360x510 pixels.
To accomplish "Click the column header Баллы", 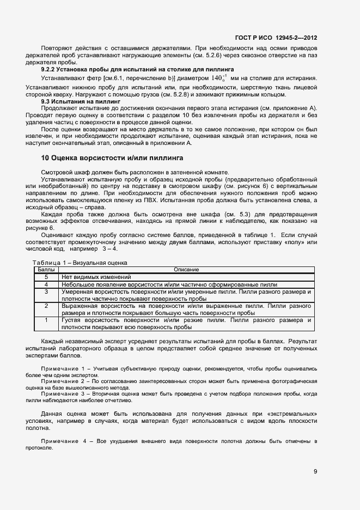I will coord(46,270).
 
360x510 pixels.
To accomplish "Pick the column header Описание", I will coord(186,270).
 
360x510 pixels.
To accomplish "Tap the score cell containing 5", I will coord(46,277).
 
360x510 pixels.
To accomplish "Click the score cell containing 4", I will coord(46,284).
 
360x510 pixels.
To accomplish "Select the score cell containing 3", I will coord(46,292).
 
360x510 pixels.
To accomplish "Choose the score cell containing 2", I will coord(46,307).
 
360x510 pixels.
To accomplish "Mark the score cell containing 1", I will coord(46,321).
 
